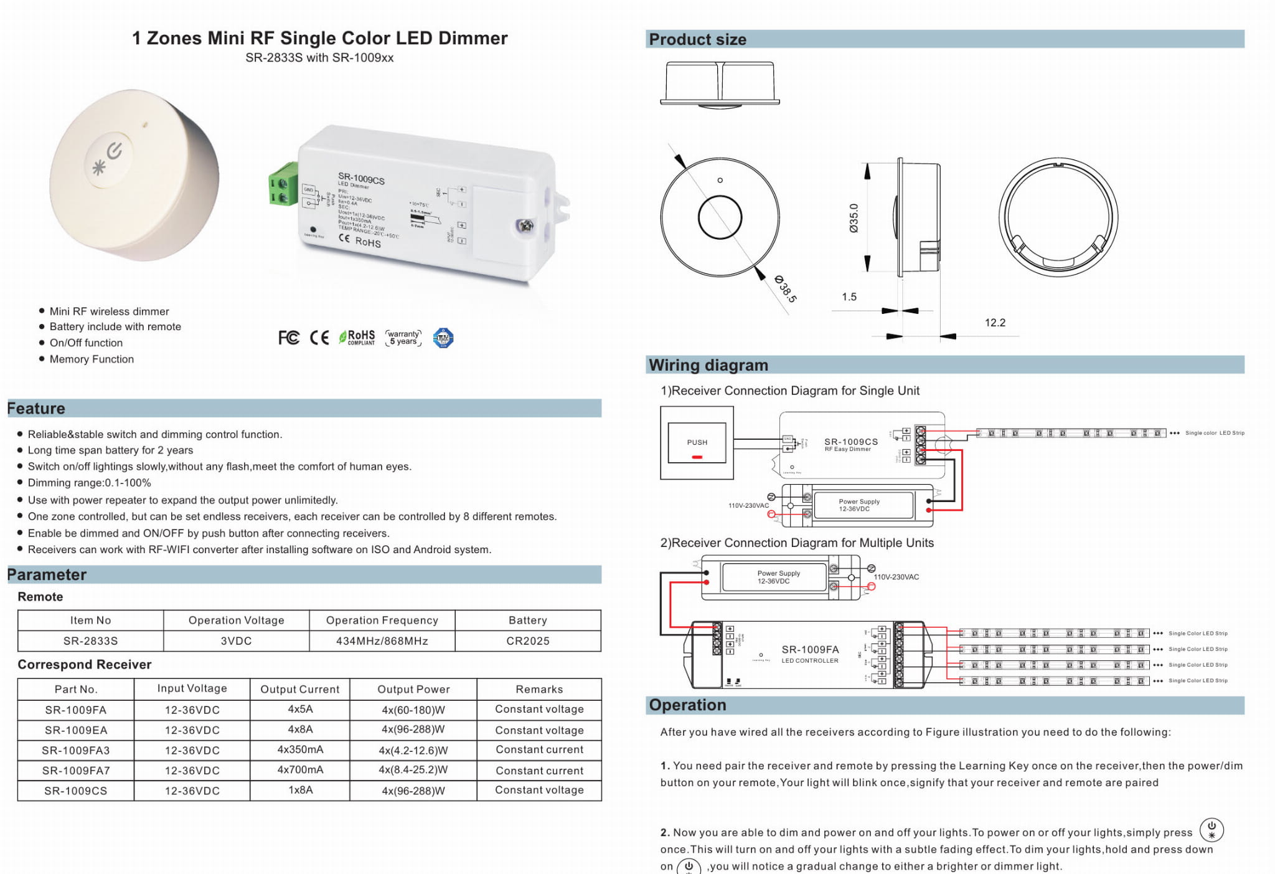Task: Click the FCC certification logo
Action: tap(289, 338)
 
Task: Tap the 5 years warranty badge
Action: tap(403, 338)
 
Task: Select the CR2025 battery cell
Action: tap(528, 641)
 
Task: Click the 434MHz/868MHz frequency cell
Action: tap(382, 641)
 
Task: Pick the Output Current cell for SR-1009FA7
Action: tap(300, 770)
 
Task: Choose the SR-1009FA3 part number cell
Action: tap(75, 750)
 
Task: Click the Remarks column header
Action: tap(539, 689)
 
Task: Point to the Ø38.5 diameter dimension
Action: tap(786, 288)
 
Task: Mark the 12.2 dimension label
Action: tap(995, 323)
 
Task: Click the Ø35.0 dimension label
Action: tap(854, 218)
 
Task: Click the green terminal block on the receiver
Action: tap(283, 184)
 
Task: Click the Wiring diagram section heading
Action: tap(708, 365)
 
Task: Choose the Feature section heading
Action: tap(36, 409)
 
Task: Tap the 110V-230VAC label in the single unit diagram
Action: tap(748, 505)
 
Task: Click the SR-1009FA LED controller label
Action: tap(810, 653)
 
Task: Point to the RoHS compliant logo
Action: tap(357, 338)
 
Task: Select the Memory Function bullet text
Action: tap(92, 359)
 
